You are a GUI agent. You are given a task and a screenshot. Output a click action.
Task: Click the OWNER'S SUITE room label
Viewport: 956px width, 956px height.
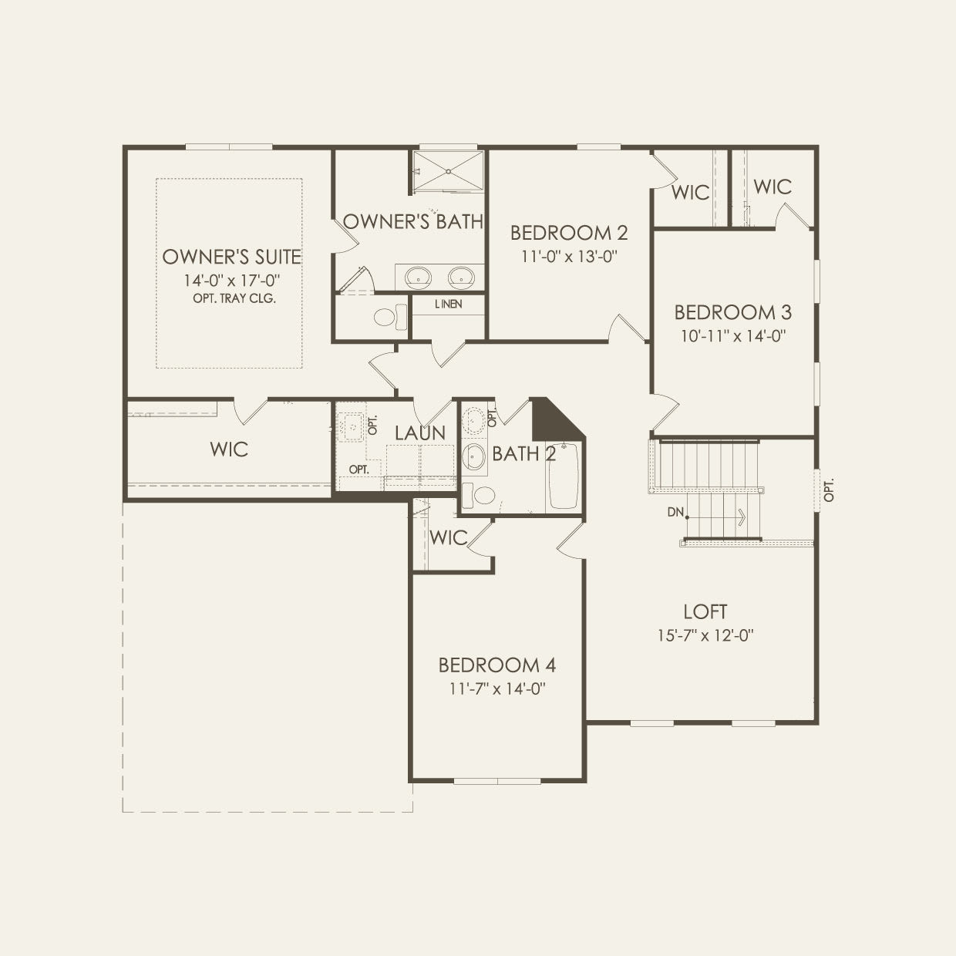tap(232, 257)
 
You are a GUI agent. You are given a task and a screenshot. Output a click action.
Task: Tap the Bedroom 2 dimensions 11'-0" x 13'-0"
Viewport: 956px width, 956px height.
tap(569, 257)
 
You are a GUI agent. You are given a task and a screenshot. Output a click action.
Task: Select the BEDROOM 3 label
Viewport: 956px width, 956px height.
tap(732, 312)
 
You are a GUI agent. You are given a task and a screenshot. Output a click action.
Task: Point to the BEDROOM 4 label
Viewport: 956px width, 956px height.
tap(497, 665)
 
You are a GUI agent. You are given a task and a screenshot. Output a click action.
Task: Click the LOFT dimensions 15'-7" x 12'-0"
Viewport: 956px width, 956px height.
tap(705, 635)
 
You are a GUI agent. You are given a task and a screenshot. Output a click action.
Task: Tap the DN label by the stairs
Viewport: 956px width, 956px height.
tap(675, 512)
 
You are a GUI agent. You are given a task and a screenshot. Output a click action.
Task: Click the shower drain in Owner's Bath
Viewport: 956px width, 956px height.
tap(448, 171)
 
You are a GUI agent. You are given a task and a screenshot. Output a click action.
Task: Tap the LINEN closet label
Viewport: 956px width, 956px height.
tap(449, 304)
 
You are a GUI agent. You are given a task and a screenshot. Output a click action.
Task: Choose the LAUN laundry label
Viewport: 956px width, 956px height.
tap(419, 433)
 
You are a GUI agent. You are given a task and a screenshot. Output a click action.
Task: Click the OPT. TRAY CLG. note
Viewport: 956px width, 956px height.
tap(234, 298)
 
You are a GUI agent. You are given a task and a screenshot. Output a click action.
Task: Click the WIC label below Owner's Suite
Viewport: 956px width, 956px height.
tap(229, 449)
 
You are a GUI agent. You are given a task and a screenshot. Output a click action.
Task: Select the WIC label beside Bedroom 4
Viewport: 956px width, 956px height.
tap(448, 538)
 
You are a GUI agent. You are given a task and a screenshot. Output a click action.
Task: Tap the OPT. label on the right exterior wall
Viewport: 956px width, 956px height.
tap(829, 490)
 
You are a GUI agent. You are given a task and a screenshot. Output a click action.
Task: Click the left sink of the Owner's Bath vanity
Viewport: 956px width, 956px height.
tap(418, 278)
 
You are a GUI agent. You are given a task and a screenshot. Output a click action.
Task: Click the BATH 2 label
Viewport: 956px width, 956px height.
tap(524, 453)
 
